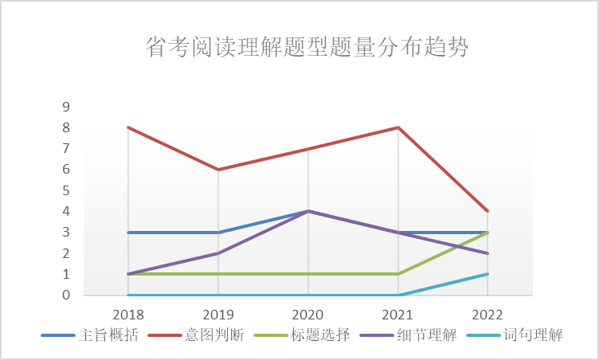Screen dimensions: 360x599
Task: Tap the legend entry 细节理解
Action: tap(428, 335)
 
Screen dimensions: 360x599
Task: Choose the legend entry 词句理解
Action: tap(533, 335)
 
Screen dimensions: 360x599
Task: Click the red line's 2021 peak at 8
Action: tap(397, 127)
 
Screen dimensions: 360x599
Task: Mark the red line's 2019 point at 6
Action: tap(218, 170)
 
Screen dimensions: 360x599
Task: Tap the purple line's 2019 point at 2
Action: tap(218, 253)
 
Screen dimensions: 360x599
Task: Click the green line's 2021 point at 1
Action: tap(397, 274)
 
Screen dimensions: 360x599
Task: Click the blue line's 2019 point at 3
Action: tap(218, 233)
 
